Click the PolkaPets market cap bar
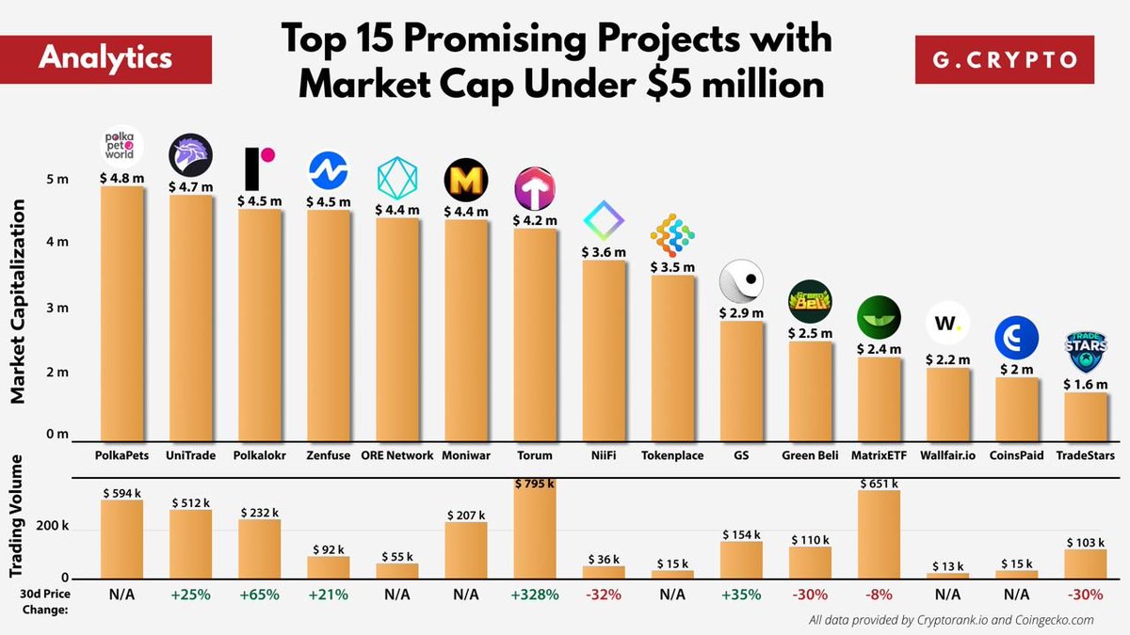122,315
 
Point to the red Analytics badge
105,58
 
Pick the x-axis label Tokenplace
673,455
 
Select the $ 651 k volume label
880,483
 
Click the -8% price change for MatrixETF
880,595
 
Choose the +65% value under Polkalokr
260,595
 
